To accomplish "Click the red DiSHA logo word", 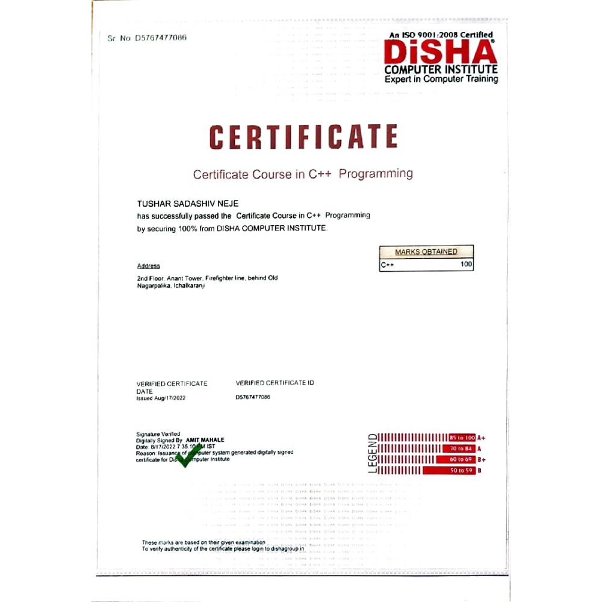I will [x=440, y=52].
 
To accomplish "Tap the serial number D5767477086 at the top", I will [x=160, y=37].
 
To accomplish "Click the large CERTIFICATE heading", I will [x=303, y=137].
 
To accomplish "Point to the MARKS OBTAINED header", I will [x=426, y=252].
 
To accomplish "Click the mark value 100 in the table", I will [x=467, y=264].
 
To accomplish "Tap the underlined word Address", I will [x=149, y=266].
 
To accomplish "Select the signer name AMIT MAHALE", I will [x=205, y=441].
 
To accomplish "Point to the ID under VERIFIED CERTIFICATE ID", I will [x=253, y=398].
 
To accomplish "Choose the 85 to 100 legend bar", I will [x=462, y=437].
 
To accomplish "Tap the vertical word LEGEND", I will [x=373, y=453].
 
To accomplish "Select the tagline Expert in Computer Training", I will [x=441, y=79].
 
